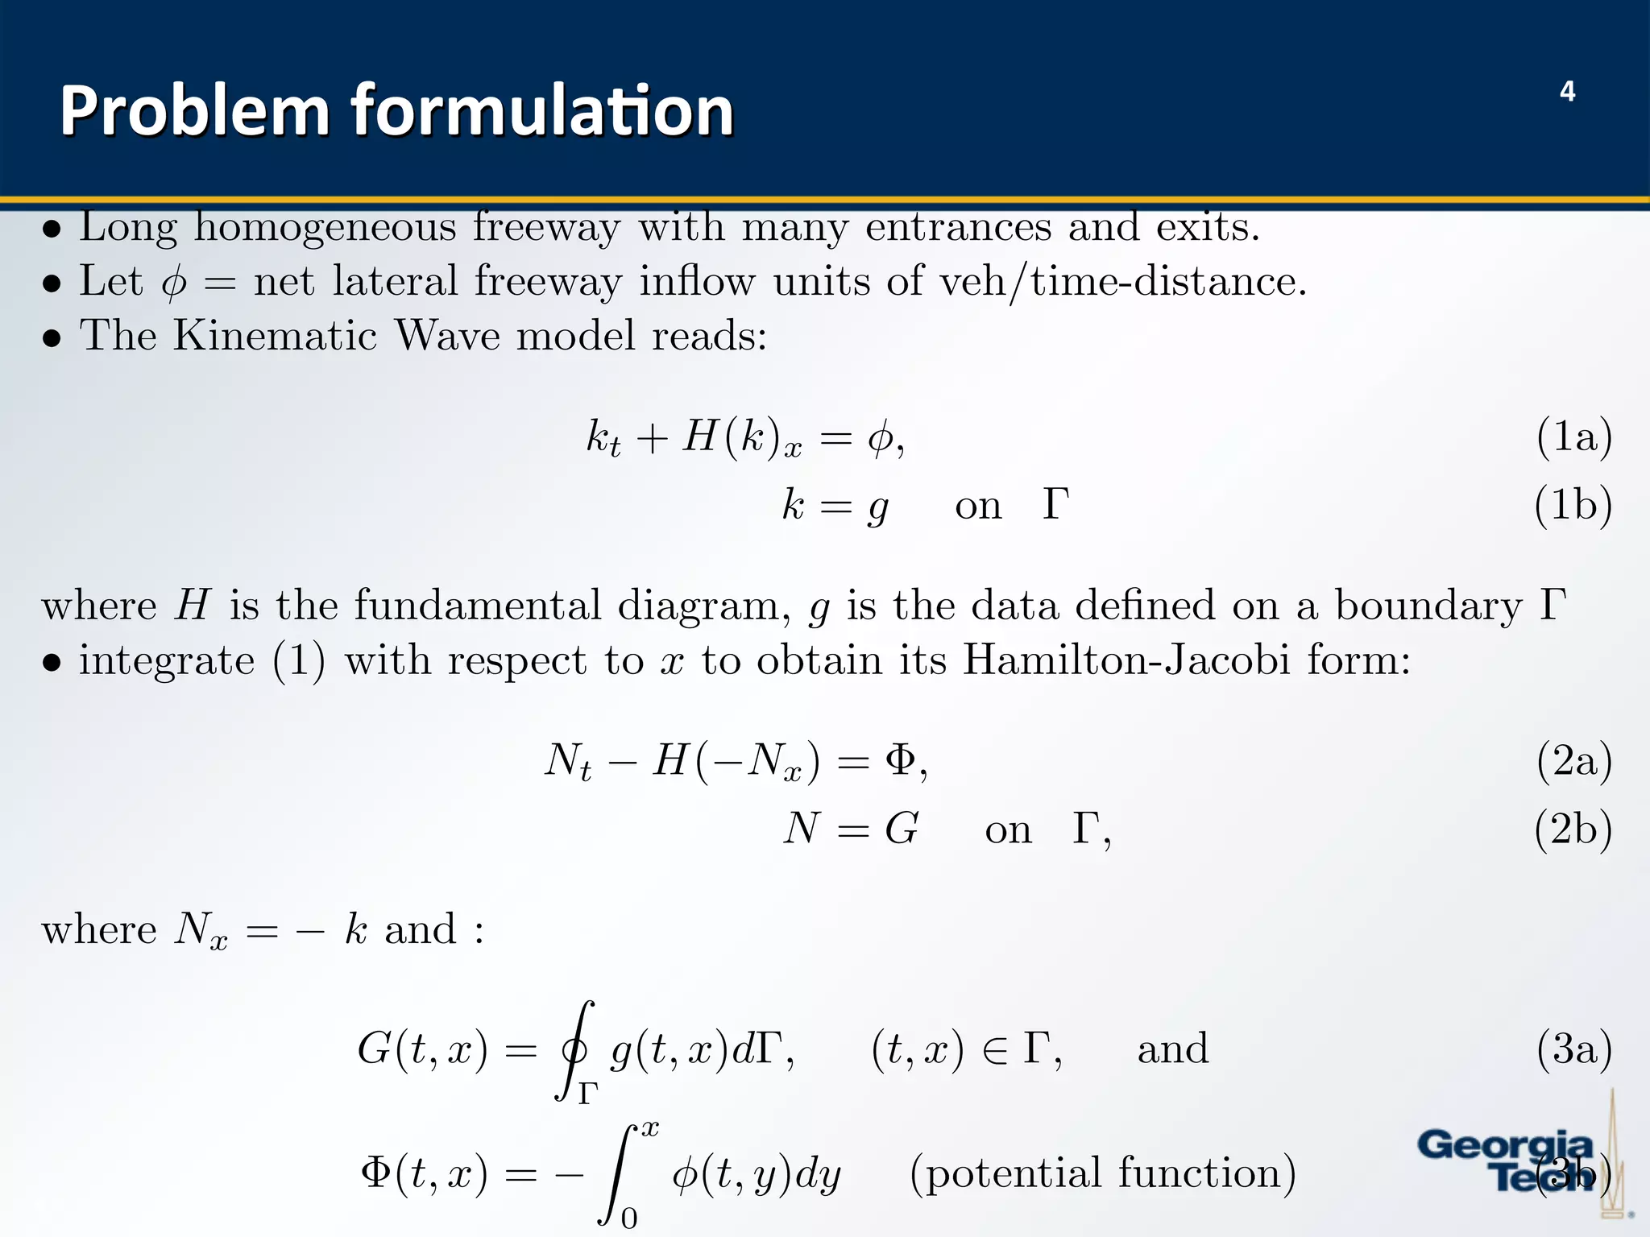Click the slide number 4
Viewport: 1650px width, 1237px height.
click(1567, 92)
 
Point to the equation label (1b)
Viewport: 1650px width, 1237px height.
click(1573, 506)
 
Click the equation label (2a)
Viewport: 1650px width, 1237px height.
click(1573, 761)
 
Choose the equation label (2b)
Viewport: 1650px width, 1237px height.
click(1573, 829)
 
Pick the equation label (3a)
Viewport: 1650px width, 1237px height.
click(1573, 1049)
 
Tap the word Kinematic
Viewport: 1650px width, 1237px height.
click(275, 335)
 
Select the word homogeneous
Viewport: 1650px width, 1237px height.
click(325, 228)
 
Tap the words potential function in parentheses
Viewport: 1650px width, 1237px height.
click(1103, 1173)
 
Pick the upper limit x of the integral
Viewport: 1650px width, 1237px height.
click(649, 1128)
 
